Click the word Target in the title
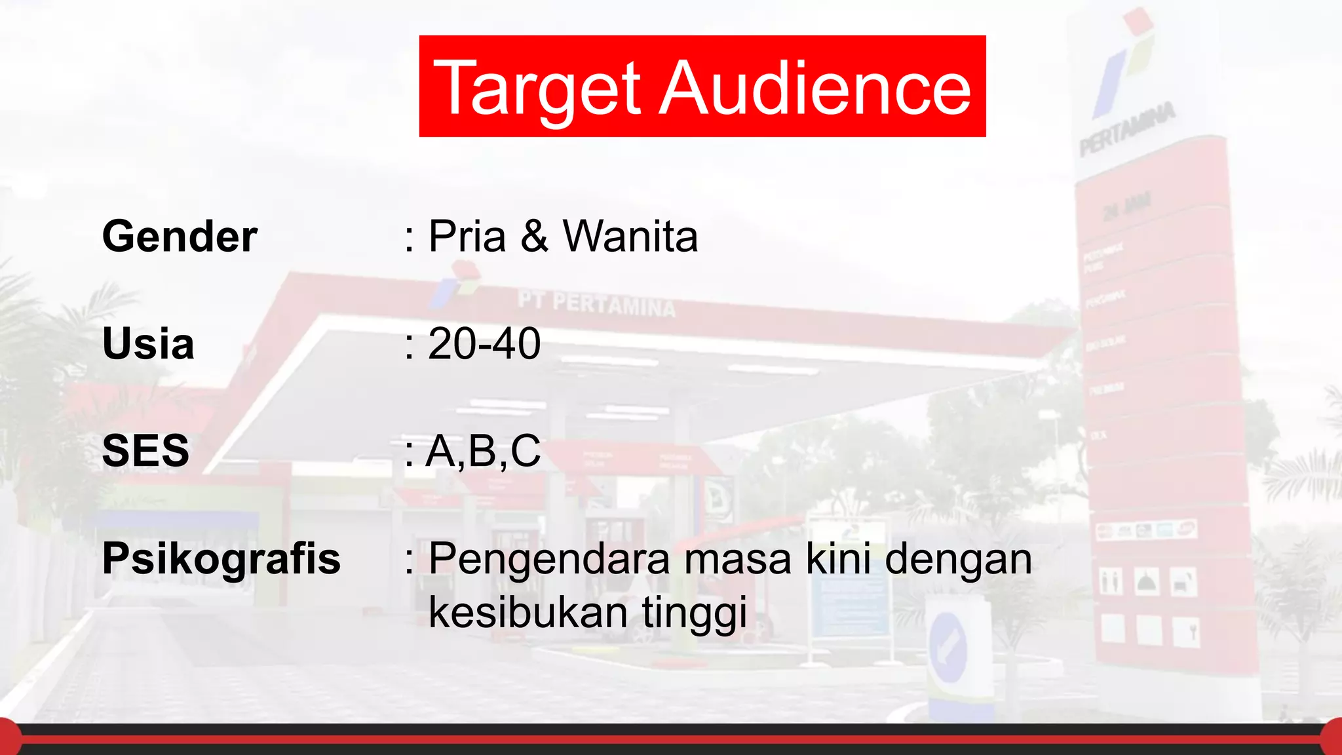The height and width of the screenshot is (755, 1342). click(x=537, y=89)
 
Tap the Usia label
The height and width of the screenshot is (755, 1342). click(x=148, y=343)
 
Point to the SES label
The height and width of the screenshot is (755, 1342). click(x=145, y=451)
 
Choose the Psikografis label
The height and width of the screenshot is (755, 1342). click(x=221, y=559)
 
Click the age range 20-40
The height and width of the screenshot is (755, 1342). click(x=484, y=343)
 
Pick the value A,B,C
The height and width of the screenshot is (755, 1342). click(x=484, y=452)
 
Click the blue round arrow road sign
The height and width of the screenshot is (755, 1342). click(x=948, y=646)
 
